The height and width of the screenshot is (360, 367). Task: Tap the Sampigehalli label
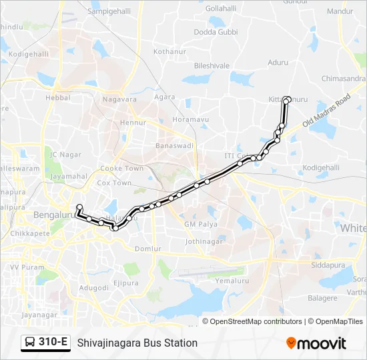click(x=109, y=12)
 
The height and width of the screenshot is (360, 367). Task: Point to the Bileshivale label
click(x=212, y=66)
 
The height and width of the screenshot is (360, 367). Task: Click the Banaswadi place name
click(x=174, y=145)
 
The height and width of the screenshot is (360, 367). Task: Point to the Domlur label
click(x=147, y=249)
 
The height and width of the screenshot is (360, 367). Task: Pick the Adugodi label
click(x=94, y=288)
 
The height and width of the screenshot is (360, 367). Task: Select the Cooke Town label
click(x=121, y=169)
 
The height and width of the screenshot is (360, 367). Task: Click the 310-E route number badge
click(x=53, y=343)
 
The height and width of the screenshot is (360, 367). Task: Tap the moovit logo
click(x=316, y=343)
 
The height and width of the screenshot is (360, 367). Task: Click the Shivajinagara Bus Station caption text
click(x=137, y=343)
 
